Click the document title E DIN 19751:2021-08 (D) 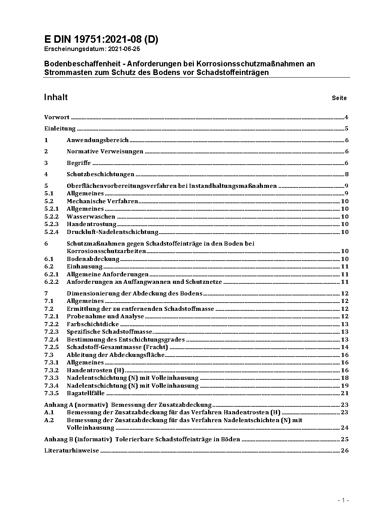pos(101,39)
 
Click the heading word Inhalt pos(56,97)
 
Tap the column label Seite pos(339,98)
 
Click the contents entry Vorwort pos(57,117)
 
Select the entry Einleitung pos(60,129)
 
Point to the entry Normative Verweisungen pos(105,151)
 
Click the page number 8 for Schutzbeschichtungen pos(347,174)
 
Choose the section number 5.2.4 pos(51,232)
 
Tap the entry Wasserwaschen pos(91,217)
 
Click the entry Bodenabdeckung pos(93,259)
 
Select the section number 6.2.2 pos(51,282)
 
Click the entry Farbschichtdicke pos(93,324)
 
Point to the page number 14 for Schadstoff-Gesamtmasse pos(345,347)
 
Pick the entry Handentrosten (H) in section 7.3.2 pos(95,370)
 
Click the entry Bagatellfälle pos(85,393)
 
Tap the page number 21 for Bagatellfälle pos(345,393)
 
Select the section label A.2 pos(49,420)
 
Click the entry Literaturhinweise pos(72,451)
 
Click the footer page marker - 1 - pos(343,500)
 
